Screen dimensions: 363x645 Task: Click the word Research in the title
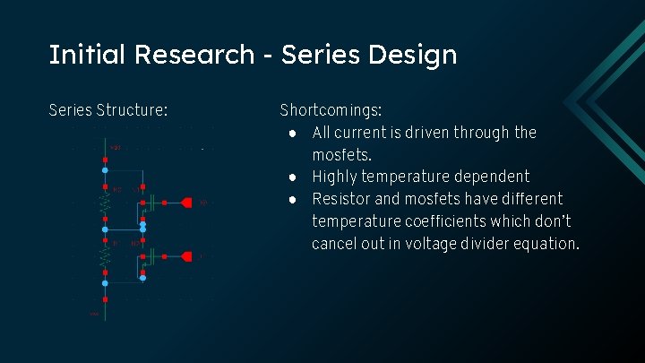pos(194,55)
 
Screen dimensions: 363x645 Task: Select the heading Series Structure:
pos(107,110)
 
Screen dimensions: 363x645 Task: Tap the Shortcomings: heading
pos(331,111)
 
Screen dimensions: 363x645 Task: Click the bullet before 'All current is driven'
pos(293,134)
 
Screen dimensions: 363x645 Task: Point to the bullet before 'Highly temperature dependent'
pos(293,177)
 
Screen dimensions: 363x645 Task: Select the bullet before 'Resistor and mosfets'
pos(293,199)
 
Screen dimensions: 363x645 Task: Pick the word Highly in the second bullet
pos(334,177)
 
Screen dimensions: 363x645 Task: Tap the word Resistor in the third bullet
pos(341,199)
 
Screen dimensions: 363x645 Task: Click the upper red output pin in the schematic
pos(186,203)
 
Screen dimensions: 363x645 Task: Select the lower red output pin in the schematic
pos(186,256)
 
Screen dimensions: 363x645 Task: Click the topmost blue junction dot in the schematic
pos(105,169)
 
